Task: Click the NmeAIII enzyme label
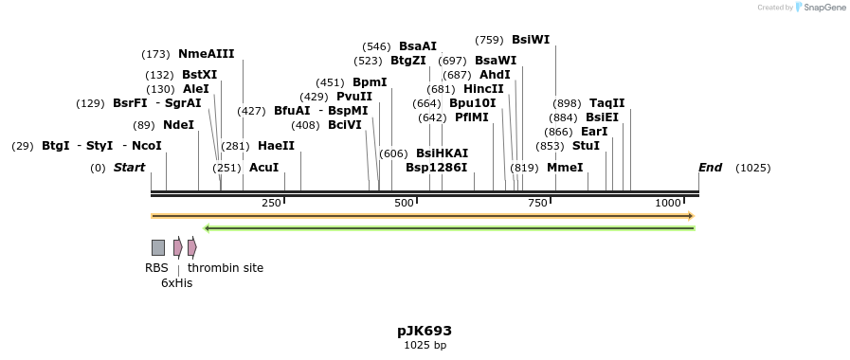[206, 54]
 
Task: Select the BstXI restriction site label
[199, 75]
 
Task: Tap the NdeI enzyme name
[178, 124]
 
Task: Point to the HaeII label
[276, 146]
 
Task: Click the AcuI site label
[263, 168]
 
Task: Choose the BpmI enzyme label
[370, 82]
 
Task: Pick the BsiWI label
[530, 40]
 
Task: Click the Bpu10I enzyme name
[472, 103]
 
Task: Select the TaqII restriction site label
[606, 103]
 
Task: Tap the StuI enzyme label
[586, 146]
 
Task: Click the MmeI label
[565, 168]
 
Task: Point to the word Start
[129, 168]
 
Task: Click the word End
[710, 168]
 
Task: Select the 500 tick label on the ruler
[404, 203]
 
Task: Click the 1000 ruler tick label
[668, 203]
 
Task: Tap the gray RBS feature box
[158, 247]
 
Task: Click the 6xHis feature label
[176, 282]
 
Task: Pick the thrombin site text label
[226, 268]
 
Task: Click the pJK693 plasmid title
[425, 331]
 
